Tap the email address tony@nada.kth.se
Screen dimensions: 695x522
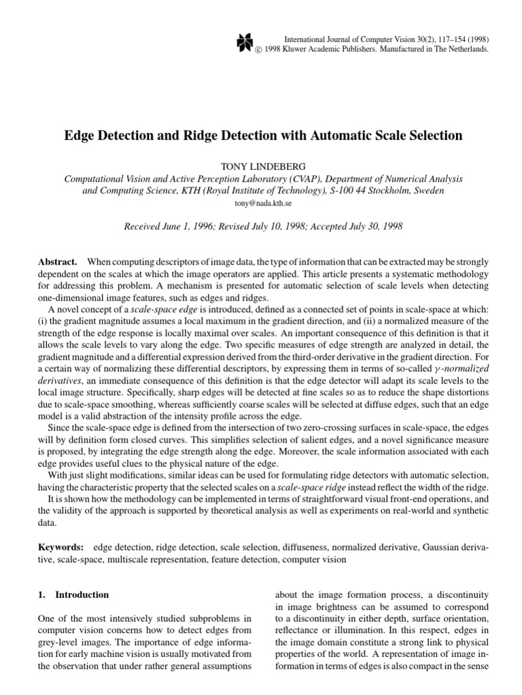[x=262, y=203]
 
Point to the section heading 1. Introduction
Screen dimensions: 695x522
[x=72, y=595]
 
